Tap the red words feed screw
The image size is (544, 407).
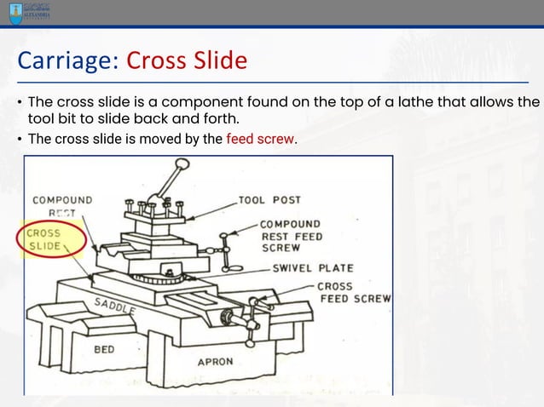point(261,139)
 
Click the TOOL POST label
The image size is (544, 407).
point(269,200)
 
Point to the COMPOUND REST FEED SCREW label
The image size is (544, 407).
point(290,236)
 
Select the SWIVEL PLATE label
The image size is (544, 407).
point(312,267)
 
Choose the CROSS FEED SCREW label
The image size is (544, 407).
point(353,293)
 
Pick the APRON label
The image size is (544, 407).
point(215,361)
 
